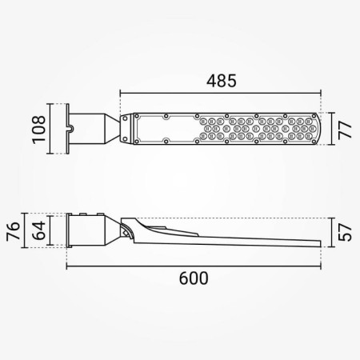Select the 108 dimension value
coord(37,128)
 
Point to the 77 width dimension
coord(345,129)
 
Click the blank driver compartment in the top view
coord(164,128)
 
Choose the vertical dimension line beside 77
coord(331,129)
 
